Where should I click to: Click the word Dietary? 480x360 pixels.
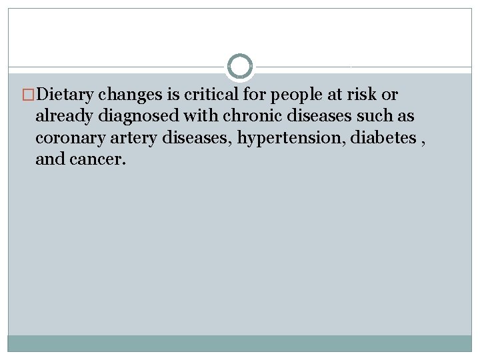coord(67,95)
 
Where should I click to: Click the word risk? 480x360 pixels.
coord(370,95)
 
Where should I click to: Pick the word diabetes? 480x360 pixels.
coord(368,137)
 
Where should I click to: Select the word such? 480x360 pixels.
coord(376,116)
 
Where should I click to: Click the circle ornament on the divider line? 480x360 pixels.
coord(240,67)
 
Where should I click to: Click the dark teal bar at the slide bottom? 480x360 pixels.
coord(240,343)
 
